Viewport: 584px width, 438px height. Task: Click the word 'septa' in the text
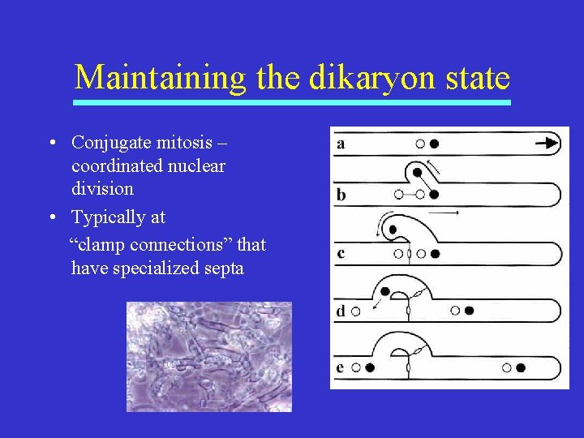pos(224,268)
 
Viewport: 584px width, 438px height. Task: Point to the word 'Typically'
pos(106,217)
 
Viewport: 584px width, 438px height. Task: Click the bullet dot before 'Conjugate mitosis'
pos(51,144)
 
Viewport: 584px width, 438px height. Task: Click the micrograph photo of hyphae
pos(208,357)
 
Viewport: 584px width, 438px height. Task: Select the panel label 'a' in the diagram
pos(341,144)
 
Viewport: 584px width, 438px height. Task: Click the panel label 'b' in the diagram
pos(341,194)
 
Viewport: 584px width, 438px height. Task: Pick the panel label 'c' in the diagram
pos(341,253)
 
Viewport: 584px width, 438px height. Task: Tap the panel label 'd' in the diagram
pos(341,311)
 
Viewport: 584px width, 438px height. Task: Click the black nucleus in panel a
pos(435,144)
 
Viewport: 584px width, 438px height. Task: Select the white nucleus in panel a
pos(419,144)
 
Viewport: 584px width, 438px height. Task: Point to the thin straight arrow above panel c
pos(444,212)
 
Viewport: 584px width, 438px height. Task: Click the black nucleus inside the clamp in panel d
pos(385,291)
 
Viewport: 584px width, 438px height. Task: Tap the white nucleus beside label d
pos(355,311)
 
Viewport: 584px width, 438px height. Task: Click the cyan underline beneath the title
pos(292,103)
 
